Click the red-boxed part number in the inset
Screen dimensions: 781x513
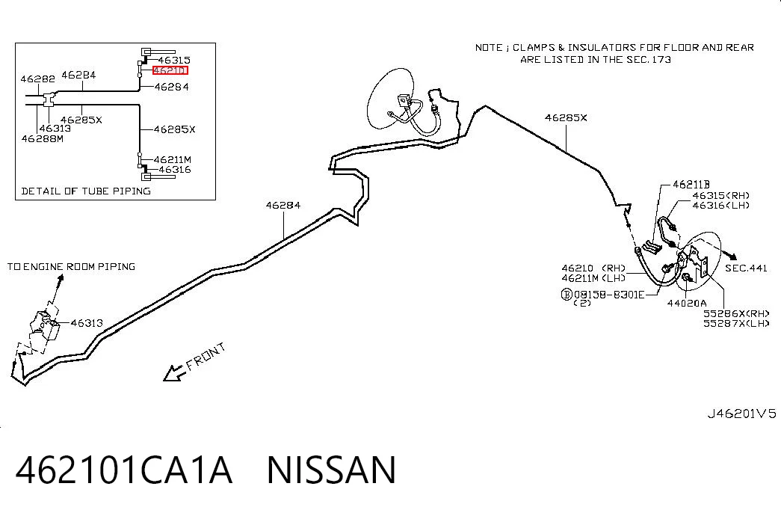coord(170,70)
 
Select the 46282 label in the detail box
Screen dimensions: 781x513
coord(38,79)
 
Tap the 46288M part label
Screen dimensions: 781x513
coord(43,138)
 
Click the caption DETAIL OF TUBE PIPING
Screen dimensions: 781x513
coord(86,191)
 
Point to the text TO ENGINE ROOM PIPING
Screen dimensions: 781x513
coord(71,267)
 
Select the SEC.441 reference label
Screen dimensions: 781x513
coord(746,268)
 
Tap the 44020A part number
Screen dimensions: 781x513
coord(687,303)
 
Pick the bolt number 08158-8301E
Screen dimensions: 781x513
coord(609,295)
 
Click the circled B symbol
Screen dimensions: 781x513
coord(567,295)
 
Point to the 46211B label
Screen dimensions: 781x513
coord(691,185)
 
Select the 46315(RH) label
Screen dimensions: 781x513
coord(720,195)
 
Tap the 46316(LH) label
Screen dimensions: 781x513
coord(720,205)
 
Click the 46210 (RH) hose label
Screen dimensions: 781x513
coord(593,268)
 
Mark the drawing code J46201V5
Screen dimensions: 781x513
coord(741,414)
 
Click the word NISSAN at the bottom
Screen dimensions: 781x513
coord(332,470)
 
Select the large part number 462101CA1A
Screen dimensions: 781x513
coord(124,470)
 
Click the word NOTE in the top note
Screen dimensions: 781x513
coord(489,48)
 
